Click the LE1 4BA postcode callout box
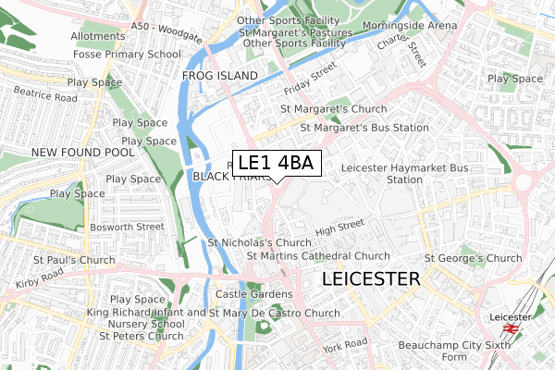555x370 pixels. pos(276,164)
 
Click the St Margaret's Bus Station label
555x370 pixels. pos(354,127)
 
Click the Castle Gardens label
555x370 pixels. pos(253,294)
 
